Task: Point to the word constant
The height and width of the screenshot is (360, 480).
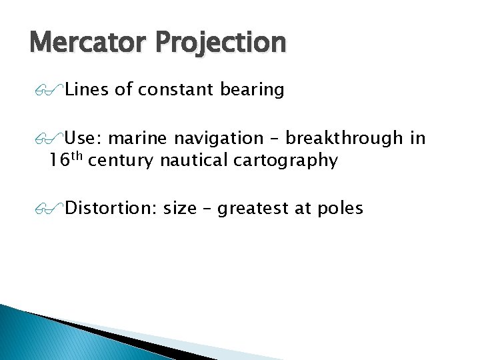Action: [174, 89]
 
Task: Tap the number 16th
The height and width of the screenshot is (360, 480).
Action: [65, 160]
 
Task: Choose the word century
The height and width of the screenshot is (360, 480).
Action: [121, 161]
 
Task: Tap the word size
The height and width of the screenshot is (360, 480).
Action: [179, 209]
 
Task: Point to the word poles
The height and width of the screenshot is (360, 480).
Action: [339, 209]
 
